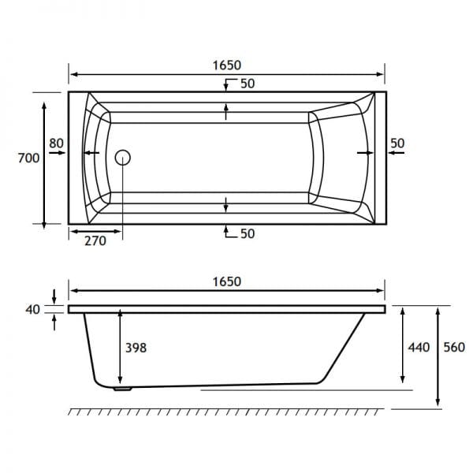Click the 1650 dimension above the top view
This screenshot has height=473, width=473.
[227, 65]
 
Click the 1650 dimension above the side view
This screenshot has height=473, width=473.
[227, 281]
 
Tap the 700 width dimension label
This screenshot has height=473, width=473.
[28, 158]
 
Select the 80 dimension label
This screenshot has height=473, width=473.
[57, 143]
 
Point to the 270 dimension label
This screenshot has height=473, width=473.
[95, 240]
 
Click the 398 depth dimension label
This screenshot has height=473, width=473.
[136, 348]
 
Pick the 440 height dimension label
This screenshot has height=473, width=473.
[419, 348]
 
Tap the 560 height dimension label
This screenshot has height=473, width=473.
[454, 348]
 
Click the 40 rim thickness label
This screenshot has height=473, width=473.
[32, 310]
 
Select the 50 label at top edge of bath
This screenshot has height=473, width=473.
[248, 84]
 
